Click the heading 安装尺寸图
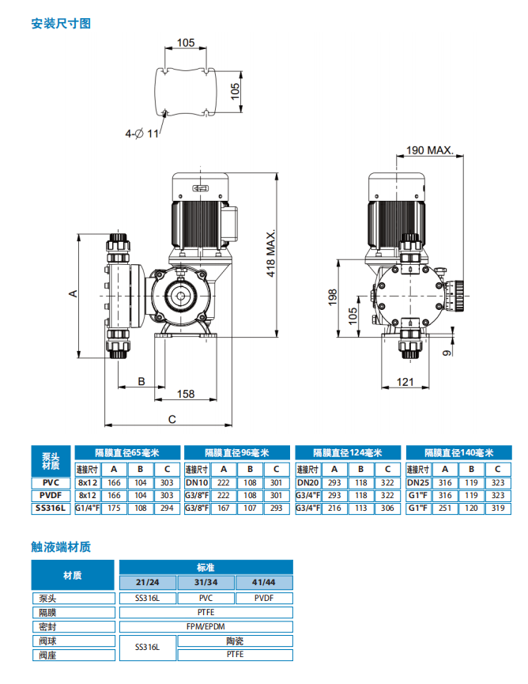point(61,24)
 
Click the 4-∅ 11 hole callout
point(141,134)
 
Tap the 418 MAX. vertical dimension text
point(271,254)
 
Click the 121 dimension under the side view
point(405,382)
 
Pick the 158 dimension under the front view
point(185,394)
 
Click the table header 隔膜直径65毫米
point(127,453)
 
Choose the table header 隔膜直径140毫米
point(458,453)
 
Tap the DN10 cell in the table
point(197,482)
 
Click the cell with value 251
point(444,508)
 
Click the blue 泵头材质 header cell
point(51,460)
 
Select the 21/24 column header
point(148,583)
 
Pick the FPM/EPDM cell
point(206,626)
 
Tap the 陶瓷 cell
point(235,641)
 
